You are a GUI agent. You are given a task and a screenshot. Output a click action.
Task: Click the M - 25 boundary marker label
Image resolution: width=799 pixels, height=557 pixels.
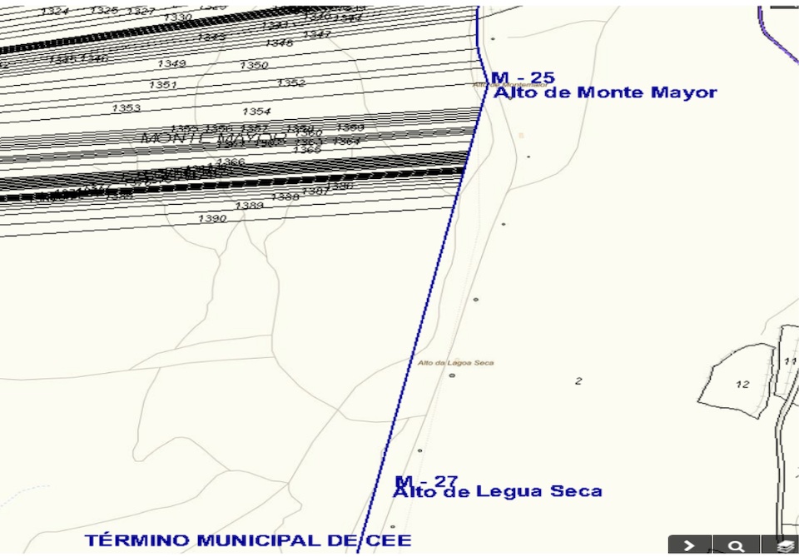(x=523, y=78)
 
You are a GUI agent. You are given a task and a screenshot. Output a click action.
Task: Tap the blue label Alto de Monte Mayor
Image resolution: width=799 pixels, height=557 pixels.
(x=605, y=92)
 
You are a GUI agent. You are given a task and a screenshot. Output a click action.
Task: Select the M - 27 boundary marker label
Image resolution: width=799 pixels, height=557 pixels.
(x=426, y=481)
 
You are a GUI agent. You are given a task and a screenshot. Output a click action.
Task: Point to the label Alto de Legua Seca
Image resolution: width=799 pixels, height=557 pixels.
(x=497, y=491)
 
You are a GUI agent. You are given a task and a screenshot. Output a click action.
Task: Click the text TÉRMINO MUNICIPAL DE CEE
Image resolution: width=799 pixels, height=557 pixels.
(x=248, y=540)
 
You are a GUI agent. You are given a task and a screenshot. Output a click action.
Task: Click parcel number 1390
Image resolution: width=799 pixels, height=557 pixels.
(x=212, y=218)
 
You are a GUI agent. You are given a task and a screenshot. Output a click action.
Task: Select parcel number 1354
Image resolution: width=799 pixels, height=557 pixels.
(x=256, y=112)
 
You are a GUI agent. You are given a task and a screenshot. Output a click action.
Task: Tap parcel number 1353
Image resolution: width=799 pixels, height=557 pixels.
(x=127, y=108)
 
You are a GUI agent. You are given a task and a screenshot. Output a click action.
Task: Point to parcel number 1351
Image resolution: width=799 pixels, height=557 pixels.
(x=163, y=85)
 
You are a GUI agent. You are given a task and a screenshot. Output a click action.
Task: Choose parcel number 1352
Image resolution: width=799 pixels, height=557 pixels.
(x=291, y=83)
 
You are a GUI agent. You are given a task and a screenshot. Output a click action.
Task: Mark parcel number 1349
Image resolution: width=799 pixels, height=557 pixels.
(x=171, y=64)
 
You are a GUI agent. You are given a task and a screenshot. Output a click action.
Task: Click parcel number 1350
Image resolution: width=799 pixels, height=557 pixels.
(x=254, y=65)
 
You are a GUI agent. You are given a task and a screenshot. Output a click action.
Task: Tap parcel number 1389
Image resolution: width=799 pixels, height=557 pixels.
(x=249, y=205)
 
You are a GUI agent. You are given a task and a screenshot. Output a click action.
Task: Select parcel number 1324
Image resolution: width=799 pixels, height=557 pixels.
(x=55, y=11)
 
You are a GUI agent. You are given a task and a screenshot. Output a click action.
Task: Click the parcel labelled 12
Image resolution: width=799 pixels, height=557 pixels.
(x=742, y=385)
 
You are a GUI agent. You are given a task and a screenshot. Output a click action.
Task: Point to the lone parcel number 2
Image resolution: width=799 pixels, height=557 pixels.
(x=578, y=381)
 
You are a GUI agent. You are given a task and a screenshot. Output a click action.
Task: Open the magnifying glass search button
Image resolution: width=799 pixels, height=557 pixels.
(x=736, y=546)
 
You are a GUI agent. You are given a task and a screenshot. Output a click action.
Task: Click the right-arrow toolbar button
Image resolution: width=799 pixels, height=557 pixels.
(x=689, y=546)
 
